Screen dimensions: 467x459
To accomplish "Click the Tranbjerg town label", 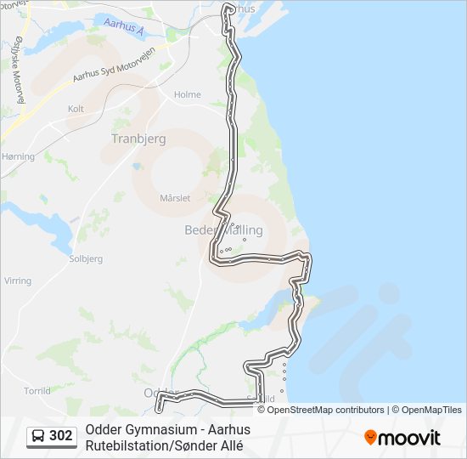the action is [x=138, y=138].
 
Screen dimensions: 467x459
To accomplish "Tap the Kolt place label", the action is [x=76, y=110].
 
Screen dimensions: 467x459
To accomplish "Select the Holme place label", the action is [x=187, y=95].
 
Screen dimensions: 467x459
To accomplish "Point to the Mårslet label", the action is [x=176, y=197].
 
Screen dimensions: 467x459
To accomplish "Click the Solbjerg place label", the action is [x=86, y=258].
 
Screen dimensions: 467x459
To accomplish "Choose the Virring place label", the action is [x=18, y=280].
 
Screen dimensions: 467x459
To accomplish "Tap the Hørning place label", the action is [x=18, y=156].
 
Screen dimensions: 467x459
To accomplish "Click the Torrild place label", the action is [x=37, y=391].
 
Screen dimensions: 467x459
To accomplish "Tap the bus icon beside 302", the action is [x=38, y=436].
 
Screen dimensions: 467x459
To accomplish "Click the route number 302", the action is [x=61, y=436].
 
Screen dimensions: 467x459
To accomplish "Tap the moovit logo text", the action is [x=410, y=438].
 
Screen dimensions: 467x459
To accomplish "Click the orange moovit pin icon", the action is [x=371, y=438].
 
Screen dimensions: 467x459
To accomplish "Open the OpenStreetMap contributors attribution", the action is [x=326, y=410].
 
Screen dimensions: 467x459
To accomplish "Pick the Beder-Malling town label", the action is [x=223, y=230].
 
